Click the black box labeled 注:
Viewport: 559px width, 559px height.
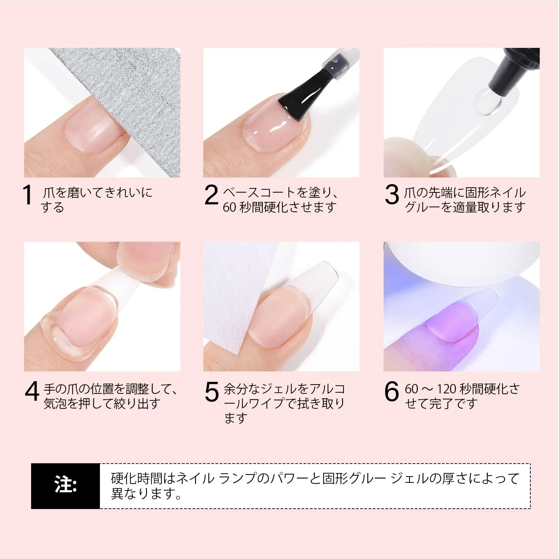click(x=65, y=486)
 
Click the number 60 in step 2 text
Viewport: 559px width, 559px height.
click(x=230, y=208)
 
